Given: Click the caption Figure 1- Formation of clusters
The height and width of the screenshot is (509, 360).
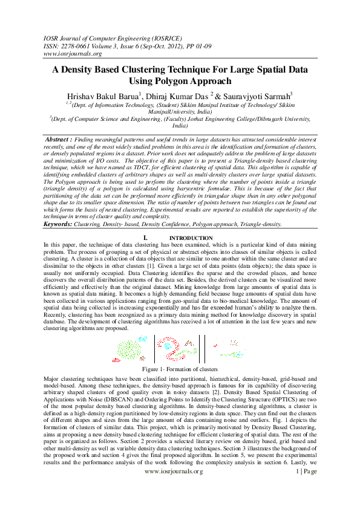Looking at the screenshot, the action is [180, 368].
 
